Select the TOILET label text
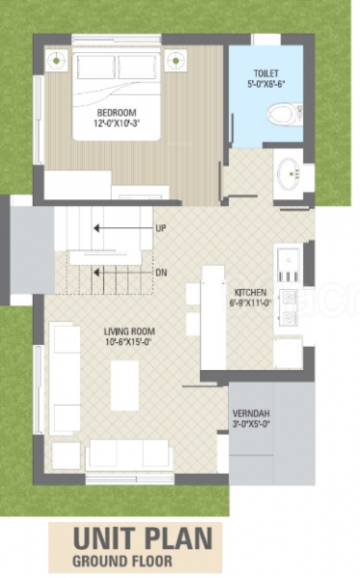pyautogui.click(x=267, y=72)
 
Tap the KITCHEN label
pyautogui.click(x=251, y=291)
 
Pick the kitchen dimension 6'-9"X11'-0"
pyautogui.click(x=251, y=302)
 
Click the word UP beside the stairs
pyautogui.click(x=161, y=228)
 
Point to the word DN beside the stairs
pyautogui.click(x=161, y=273)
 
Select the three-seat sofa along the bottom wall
pyautogui.click(x=129, y=454)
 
